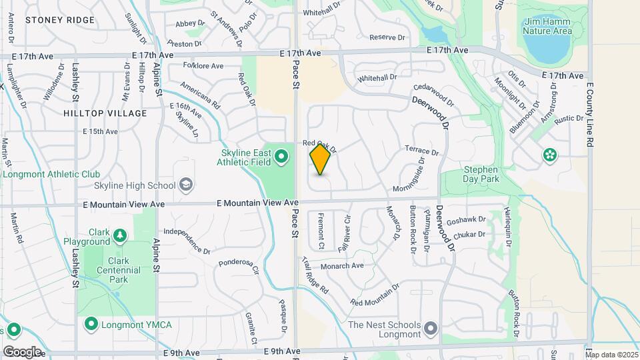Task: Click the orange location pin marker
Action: [x=321, y=159]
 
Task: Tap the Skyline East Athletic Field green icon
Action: [x=281, y=157]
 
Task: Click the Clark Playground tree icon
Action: [x=119, y=235]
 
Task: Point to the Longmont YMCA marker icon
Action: [x=91, y=324]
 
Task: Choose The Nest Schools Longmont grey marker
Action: [x=431, y=328]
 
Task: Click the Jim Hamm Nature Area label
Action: [x=547, y=26]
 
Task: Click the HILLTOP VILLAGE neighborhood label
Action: [x=105, y=113]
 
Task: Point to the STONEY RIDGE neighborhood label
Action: [x=60, y=20]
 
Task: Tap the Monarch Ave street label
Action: [x=342, y=265]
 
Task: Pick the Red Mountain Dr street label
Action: [x=374, y=295]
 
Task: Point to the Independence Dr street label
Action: [x=187, y=241]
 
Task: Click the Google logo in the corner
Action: [x=22, y=351]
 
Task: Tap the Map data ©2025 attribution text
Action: [x=611, y=355]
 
